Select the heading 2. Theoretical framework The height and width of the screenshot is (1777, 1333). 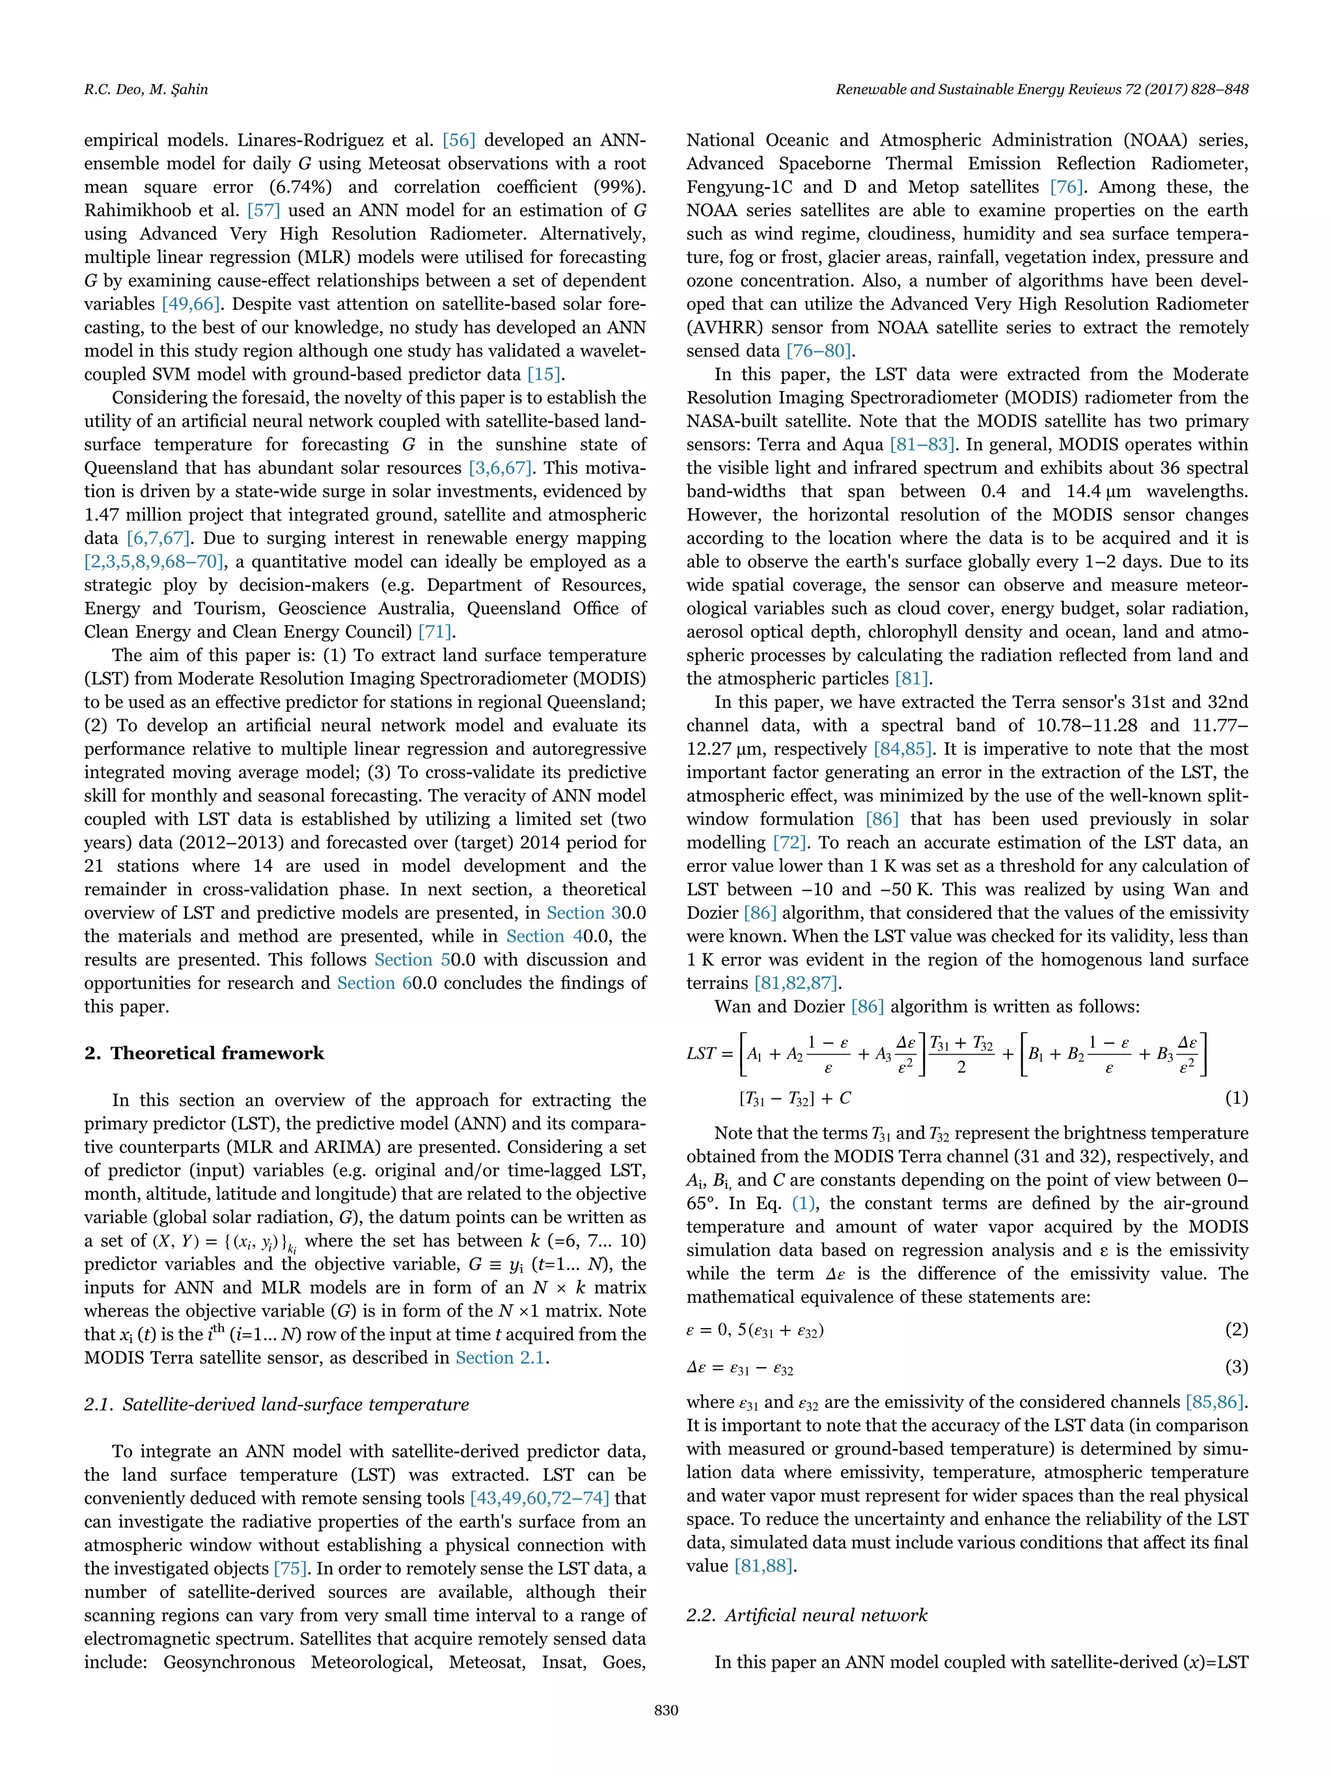[x=204, y=1053]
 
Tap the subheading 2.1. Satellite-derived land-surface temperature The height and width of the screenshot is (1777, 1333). [x=277, y=1404]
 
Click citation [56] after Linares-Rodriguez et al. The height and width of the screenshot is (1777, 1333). [x=459, y=141]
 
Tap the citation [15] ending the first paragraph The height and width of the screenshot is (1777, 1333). [x=545, y=374]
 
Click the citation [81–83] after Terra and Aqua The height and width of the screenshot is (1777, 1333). [x=922, y=445]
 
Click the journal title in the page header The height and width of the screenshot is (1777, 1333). [x=1041, y=89]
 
